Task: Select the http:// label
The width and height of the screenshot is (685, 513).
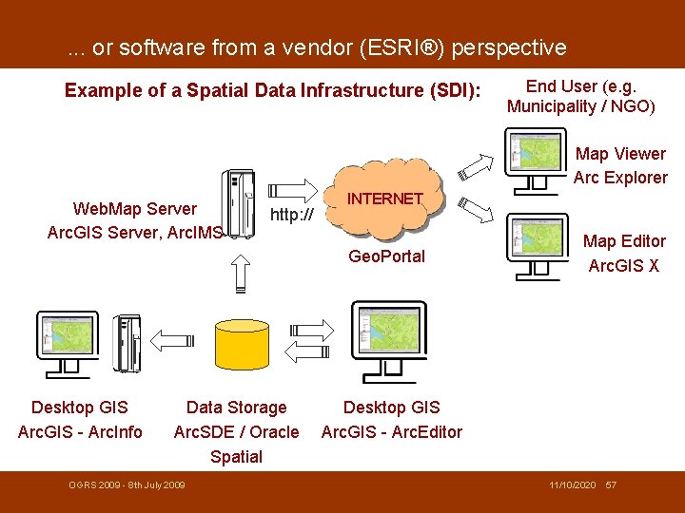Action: (292, 216)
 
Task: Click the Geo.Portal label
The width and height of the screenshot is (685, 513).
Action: (386, 256)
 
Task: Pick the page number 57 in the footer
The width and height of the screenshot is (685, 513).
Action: (611, 485)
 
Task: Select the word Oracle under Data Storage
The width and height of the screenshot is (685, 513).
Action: (274, 432)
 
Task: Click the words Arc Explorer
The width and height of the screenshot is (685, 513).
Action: (620, 178)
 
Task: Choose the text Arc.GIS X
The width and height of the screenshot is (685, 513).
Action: (623, 266)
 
